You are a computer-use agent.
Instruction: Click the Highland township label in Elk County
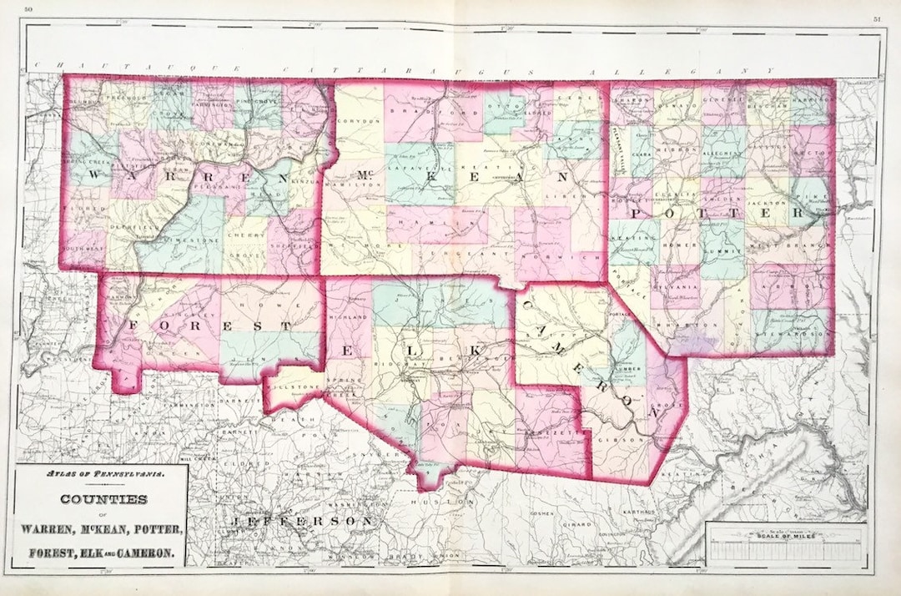[x=350, y=318]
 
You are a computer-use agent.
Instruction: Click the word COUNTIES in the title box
[x=99, y=499]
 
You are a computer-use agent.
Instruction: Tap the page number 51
[x=877, y=18]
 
